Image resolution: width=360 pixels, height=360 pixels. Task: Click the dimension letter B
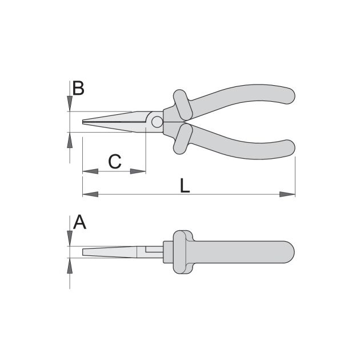78,88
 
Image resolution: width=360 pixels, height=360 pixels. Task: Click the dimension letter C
114,162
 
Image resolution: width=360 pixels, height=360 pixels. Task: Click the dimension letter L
185,186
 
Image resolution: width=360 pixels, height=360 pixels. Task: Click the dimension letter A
79,222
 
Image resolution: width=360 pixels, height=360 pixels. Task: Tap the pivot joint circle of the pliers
157,122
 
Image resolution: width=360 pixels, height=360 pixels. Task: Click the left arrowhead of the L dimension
90,194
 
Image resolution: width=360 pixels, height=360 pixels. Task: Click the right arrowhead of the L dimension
287,194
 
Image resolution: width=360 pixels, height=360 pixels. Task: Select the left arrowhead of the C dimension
90,171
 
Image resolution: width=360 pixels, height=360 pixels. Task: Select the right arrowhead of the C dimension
138,171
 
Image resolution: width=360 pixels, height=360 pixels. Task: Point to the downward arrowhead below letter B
70,104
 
